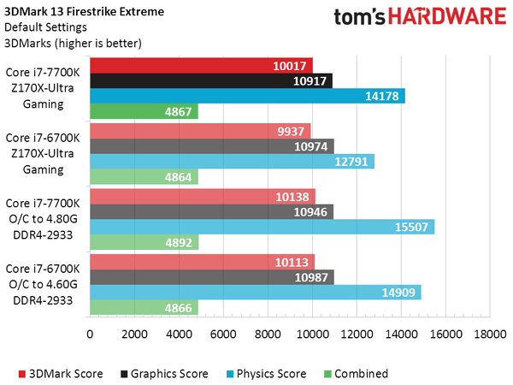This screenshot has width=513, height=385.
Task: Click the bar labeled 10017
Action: [x=200, y=65]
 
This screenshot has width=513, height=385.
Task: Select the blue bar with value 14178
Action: [x=246, y=96]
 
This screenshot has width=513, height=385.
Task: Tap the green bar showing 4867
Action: [x=143, y=111]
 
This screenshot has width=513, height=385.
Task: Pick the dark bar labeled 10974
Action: [x=211, y=146]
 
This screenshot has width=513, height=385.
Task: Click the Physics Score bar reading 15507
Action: [x=261, y=227]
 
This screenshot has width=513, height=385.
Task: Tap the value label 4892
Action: [x=178, y=242]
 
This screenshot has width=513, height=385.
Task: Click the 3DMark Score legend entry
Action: [x=61, y=373]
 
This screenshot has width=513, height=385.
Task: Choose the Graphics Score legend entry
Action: [x=162, y=373]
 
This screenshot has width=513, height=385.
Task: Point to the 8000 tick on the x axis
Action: [x=268, y=335]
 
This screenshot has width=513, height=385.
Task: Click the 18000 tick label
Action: [x=491, y=335]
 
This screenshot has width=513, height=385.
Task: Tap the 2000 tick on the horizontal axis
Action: [x=133, y=335]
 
